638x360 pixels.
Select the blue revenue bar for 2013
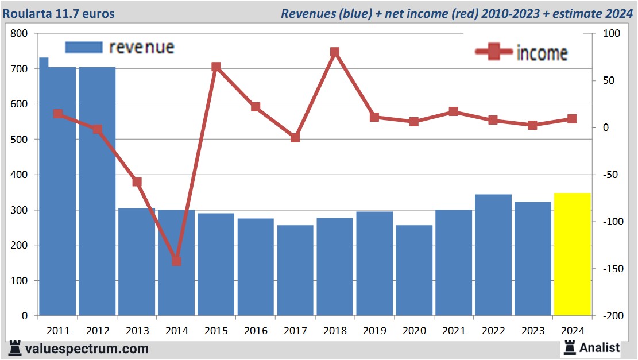tap(137, 262)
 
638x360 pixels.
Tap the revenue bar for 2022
tap(493, 255)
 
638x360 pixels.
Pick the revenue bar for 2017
tap(295, 270)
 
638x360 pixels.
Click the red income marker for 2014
tap(176, 261)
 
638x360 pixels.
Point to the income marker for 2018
tap(335, 52)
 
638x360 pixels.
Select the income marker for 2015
tap(216, 67)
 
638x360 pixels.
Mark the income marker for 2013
tap(137, 182)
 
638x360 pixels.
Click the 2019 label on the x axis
tap(374, 331)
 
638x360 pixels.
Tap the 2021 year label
tap(454, 331)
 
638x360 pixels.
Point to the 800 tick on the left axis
tap(20, 34)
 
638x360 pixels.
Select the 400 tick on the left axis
tap(20, 175)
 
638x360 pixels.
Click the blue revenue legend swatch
tap(84, 47)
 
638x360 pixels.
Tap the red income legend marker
tap(493, 53)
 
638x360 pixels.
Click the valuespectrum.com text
tap(86, 349)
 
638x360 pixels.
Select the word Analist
tap(600, 347)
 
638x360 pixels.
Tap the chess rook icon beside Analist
tap(570, 347)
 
